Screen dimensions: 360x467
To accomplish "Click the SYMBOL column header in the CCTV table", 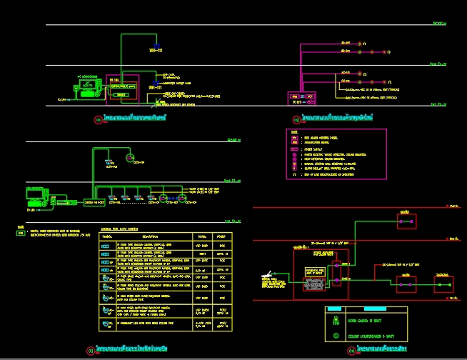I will [108, 236].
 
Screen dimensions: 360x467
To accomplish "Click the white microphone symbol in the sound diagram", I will [268, 273].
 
